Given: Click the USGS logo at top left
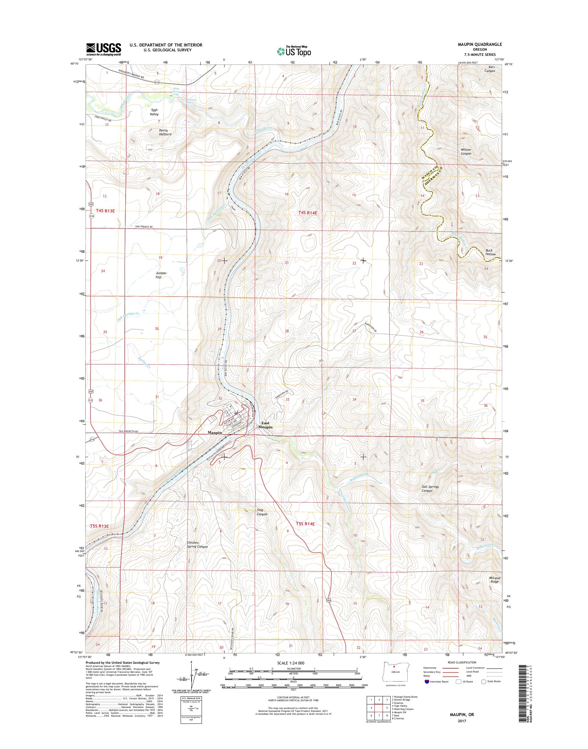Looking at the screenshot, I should pos(103,49).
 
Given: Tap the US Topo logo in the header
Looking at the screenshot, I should pos(294,51).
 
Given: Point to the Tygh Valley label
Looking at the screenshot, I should pos(154,112).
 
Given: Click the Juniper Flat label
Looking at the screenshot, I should pos(161,274).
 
